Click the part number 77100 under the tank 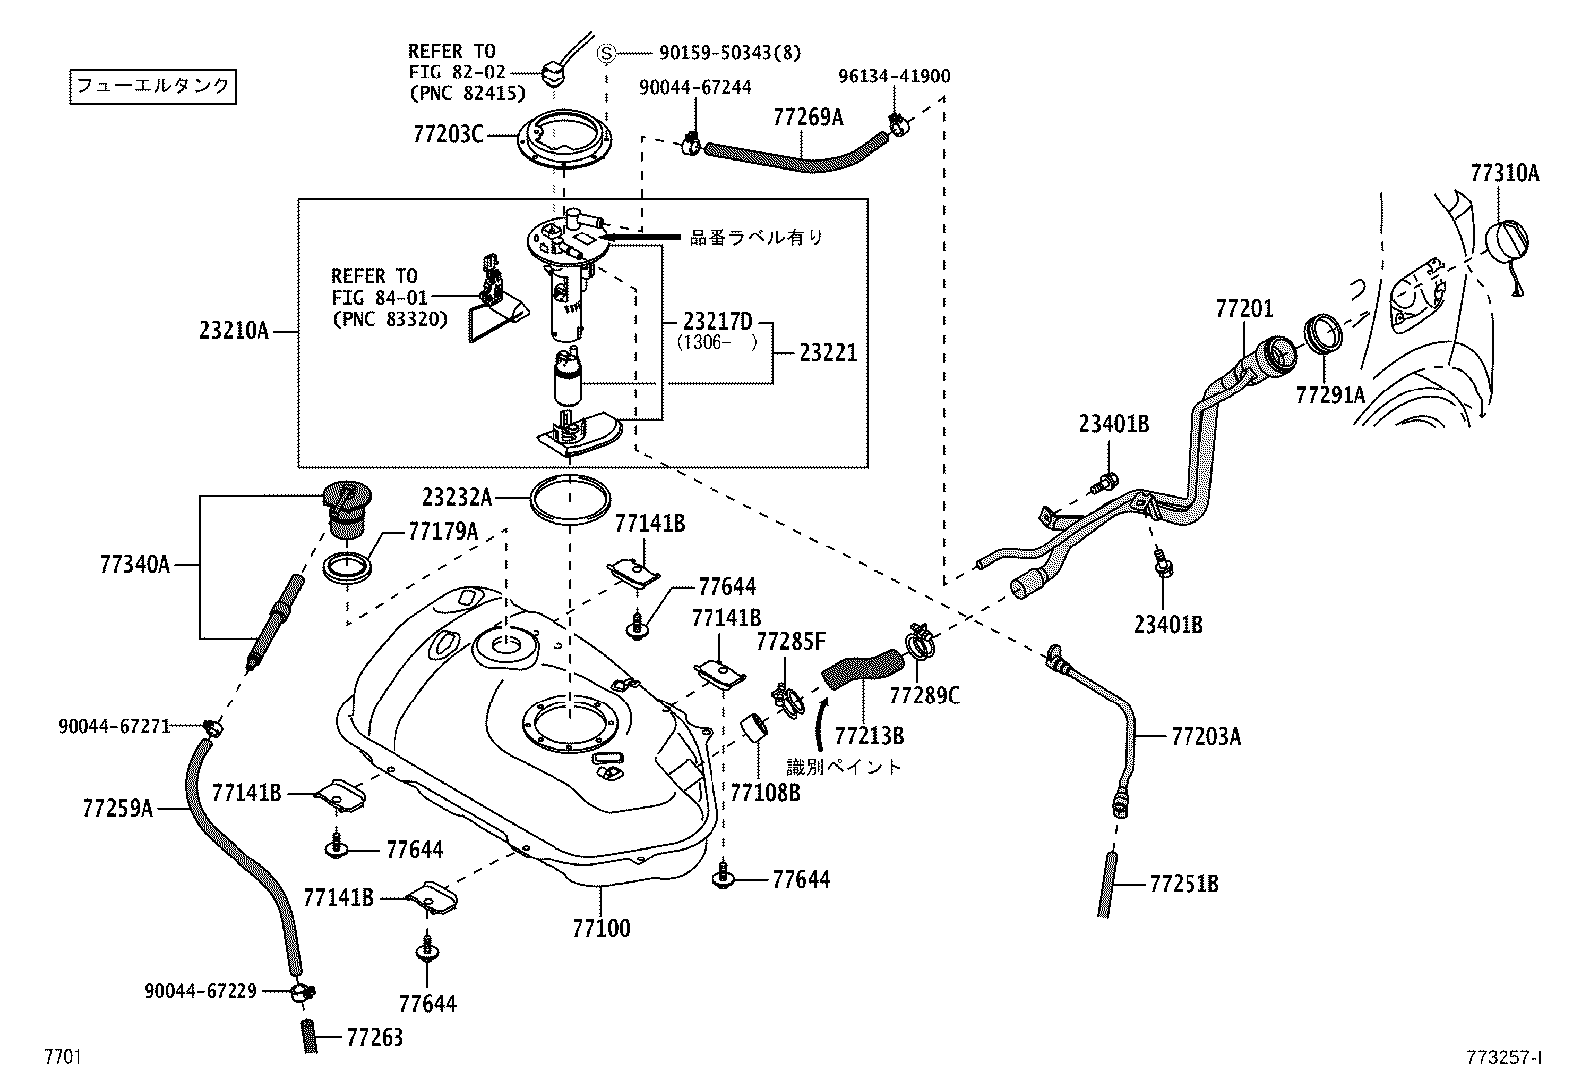pyautogui.click(x=601, y=929)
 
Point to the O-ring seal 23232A pyautogui.click(x=570, y=498)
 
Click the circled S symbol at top pyautogui.click(x=607, y=52)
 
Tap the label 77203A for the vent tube pyautogui.click(x=1205, y=737)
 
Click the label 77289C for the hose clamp pyautogui.click(x=924, y=696)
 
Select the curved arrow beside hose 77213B pyautogui.click(x=821, y=722)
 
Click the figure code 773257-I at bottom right pyautogui.click(x=1501, y=1058)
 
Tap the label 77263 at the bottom pyautogui.click(x=375, y=1038)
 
